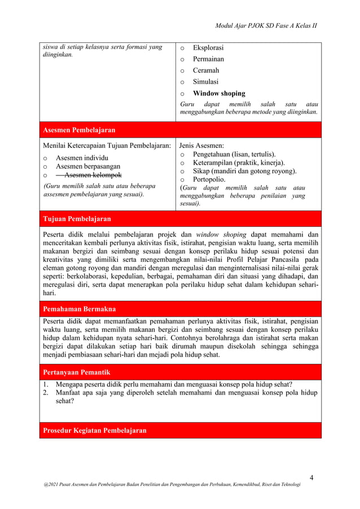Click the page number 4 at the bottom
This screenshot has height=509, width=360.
(x=311, y=479)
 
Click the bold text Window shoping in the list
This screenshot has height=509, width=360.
(x=219, y=94)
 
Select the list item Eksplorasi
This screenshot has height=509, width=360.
(x=208, y=48)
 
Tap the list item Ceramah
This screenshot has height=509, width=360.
(x=206, y=71)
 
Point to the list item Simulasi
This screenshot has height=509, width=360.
(x=206, y=82)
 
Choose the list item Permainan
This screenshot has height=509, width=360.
(x=208, y=59)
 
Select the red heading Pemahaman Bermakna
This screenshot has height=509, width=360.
(x=80, y=309)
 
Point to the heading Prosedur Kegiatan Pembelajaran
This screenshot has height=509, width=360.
(x=95, y=431)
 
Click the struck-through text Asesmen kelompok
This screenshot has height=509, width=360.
(x=89, y=175)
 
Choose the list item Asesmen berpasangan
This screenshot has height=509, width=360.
(x=88, y=166)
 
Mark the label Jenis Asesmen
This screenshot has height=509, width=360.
(x=201, y=146)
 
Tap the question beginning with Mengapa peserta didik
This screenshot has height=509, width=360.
(x=174, y=385)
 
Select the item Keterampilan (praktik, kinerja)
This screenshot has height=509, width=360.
(x=239, y=163)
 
